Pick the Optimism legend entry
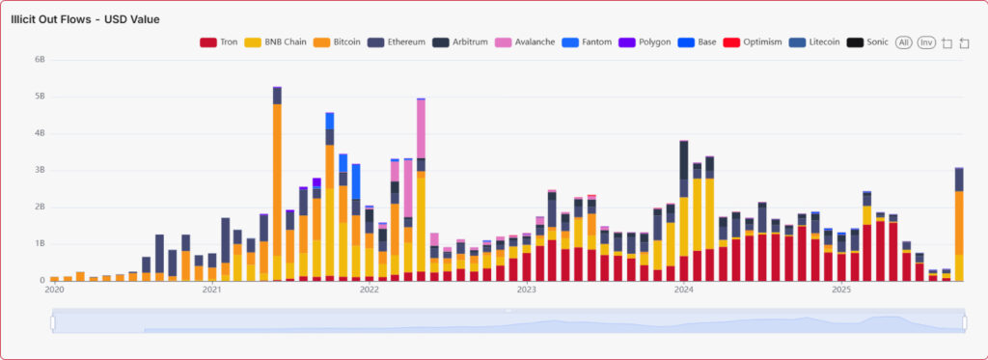coord(755,42)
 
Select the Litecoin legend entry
coord(814,42)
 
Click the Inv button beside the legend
coord(926,42)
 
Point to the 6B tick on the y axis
coord(40,60)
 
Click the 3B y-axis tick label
coord(40,170)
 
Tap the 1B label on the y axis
coord(40,243)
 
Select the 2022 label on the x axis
coord(369,289)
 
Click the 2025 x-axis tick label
coord(841,289)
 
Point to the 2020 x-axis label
coord(54,289)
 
